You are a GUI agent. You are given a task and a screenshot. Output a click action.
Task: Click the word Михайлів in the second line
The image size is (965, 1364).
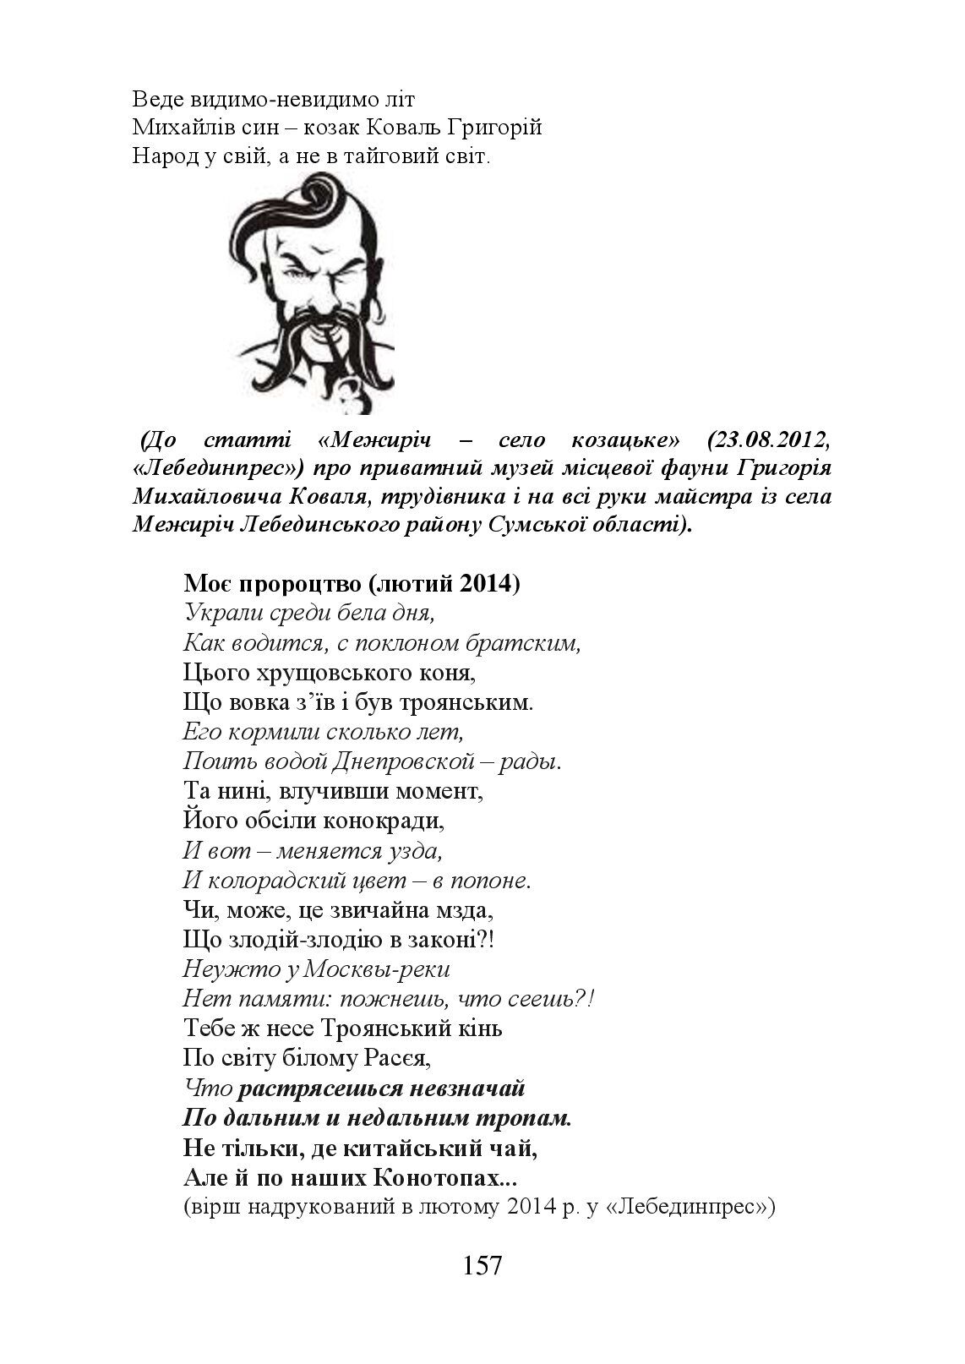tap(172, 128)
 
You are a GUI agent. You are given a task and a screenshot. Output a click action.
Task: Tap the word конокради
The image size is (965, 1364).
tap(381, 821)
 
